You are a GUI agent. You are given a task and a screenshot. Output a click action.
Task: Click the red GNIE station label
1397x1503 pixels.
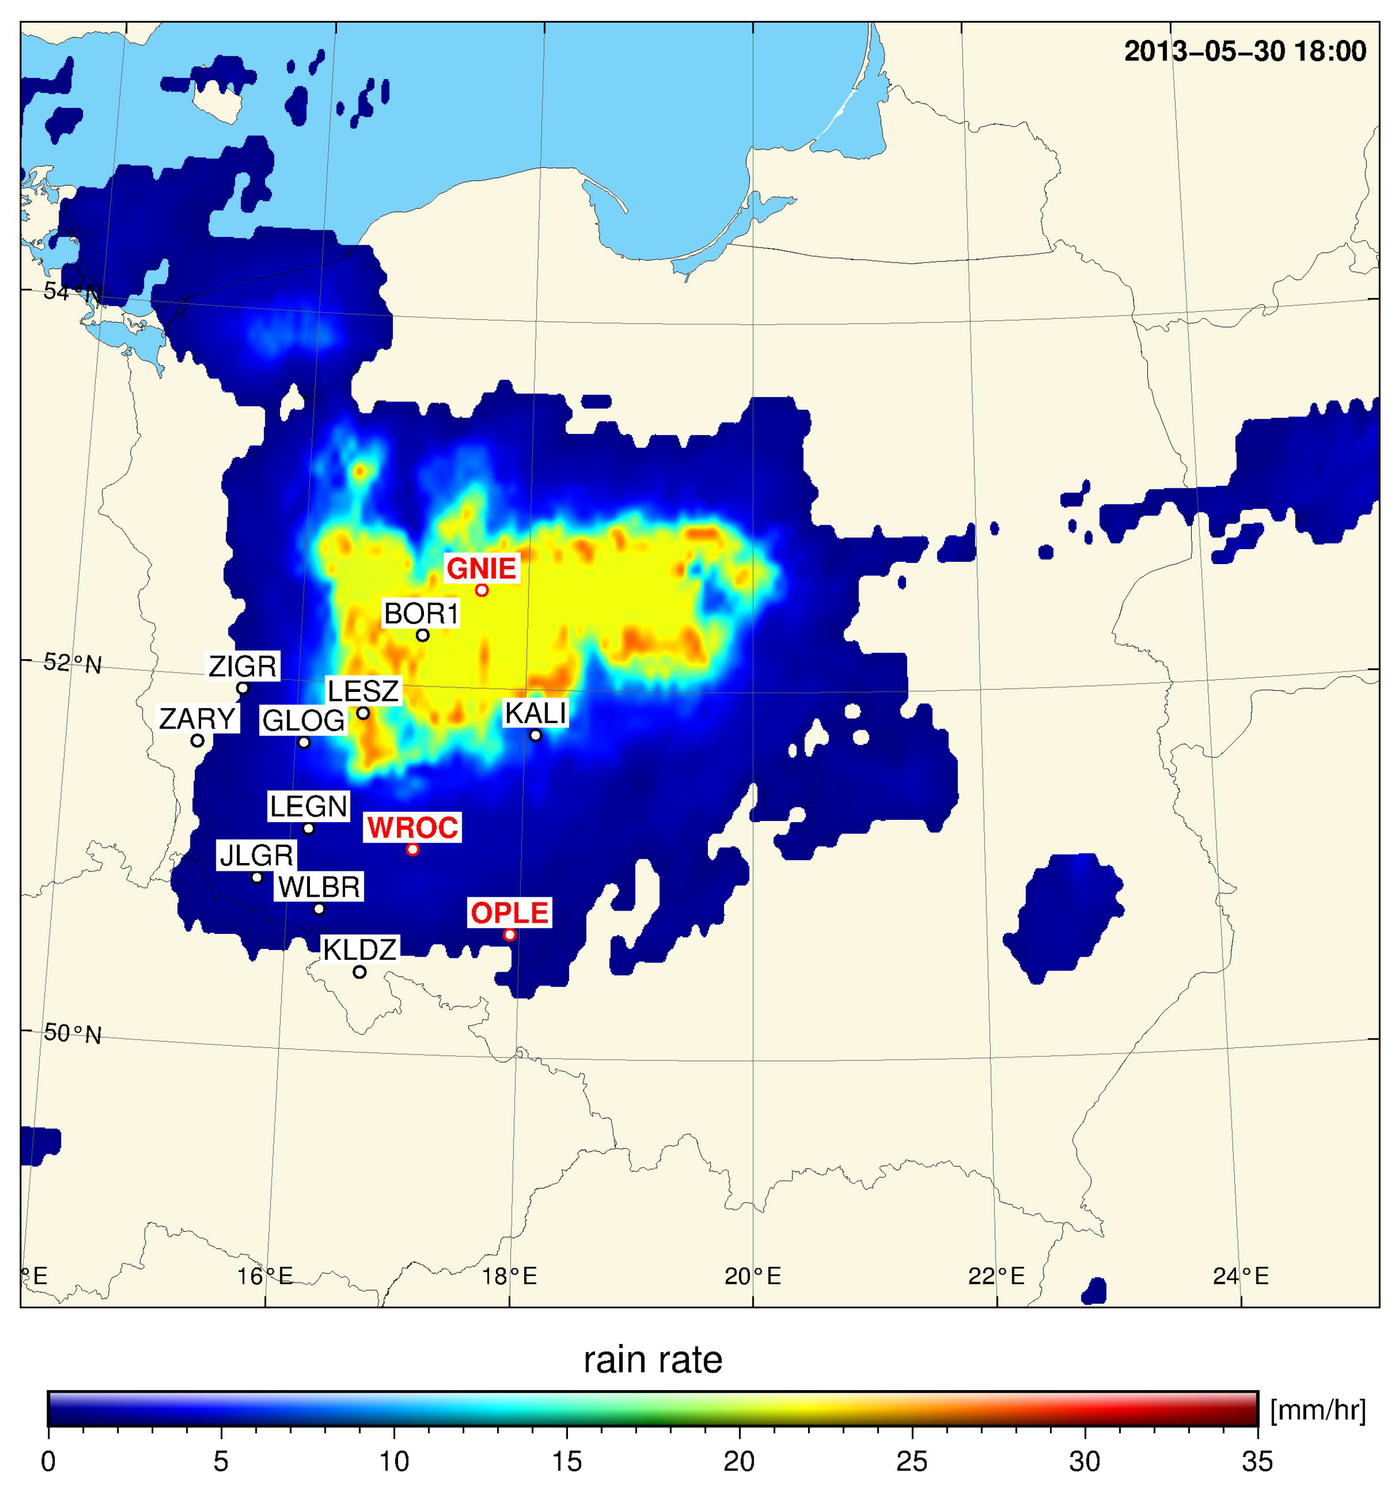click(482, 568)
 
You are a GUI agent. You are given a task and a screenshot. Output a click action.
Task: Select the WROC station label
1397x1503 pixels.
click(413, 827)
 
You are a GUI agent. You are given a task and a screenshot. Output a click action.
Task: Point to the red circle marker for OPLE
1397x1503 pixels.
click(510, 935)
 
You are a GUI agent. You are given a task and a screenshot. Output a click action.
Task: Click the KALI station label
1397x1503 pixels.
click(535, 713)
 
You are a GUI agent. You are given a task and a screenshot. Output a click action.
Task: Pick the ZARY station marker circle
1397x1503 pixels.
click(197, 740)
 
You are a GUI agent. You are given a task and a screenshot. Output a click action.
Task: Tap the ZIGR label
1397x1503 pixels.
click(242, 666)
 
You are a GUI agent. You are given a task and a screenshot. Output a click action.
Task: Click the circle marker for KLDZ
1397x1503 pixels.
click(360, 972)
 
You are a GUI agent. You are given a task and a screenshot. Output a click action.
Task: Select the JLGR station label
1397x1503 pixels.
click(256, 855)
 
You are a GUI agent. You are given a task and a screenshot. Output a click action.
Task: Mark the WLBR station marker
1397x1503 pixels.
click(319, 909)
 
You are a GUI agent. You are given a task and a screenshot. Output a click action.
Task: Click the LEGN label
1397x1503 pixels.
click(308, 807)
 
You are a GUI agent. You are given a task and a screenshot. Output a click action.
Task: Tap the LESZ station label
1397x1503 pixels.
click(363, 690)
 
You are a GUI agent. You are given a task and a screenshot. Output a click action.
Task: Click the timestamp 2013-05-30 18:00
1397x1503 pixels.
click(1244, 51)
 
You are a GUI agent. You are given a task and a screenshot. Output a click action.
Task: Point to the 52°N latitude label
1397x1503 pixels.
click(73, 663)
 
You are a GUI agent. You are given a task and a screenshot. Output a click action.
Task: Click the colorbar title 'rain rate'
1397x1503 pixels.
click(653, 1360)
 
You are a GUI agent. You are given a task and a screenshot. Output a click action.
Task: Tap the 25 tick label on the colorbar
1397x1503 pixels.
click(912, 1462)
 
